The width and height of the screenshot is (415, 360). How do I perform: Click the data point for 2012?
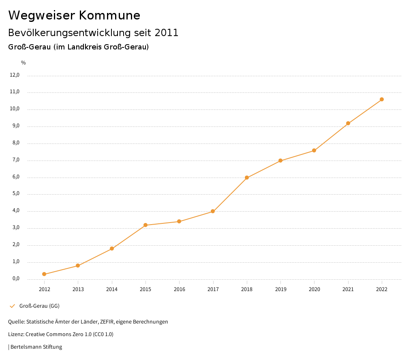point(44,274)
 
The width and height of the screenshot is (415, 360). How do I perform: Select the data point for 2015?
point(145,225)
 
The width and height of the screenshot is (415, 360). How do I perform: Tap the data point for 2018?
point(246,178)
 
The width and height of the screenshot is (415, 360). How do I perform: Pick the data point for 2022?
point(382,99)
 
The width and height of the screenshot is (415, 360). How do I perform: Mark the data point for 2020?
point(314,151)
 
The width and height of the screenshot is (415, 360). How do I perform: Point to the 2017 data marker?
point(213,211)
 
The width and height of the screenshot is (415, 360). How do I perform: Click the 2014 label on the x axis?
point(112,289)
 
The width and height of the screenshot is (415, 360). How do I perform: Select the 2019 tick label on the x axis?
point(280,289)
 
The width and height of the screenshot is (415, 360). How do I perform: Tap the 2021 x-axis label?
point(348,289)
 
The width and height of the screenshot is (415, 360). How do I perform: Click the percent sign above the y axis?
point(24,63)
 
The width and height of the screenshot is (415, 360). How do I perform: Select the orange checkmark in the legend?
point(12,306)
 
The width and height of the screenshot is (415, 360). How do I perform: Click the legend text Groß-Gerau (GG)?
point(39,306)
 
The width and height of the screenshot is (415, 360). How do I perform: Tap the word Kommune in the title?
point(109,15)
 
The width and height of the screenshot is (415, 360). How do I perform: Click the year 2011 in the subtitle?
point(167,33)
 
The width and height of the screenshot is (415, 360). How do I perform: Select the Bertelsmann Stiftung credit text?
point(36,347)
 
